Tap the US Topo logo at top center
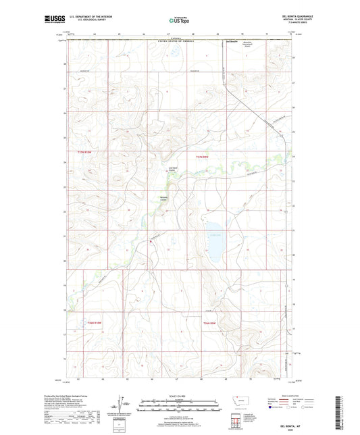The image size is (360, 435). click(x=179, y=21)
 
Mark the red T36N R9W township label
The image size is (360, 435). click(x=211, y=324)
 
